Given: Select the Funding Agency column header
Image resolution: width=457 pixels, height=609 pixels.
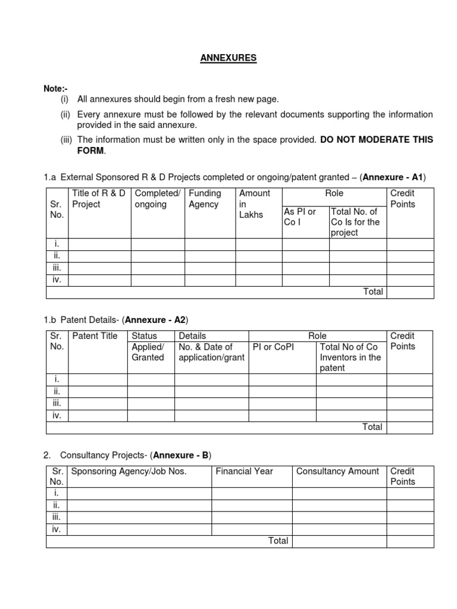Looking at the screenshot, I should click(205, 199).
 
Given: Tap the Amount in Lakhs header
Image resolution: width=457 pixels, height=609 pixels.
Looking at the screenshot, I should click(254, 203).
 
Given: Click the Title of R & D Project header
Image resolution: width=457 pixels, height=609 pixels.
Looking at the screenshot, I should click(98, 199).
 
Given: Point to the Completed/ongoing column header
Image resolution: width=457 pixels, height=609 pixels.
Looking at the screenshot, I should click(157, 199).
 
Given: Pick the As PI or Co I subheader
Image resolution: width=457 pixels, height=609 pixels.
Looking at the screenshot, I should click(300, 216).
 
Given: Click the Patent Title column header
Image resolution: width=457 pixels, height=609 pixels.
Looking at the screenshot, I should click(95, 336).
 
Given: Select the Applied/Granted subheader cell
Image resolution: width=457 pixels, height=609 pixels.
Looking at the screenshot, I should click(148, 352).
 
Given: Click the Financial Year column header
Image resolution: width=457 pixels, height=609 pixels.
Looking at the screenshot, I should click(244, 471).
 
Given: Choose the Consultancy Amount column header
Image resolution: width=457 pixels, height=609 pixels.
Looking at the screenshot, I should click(337, 471).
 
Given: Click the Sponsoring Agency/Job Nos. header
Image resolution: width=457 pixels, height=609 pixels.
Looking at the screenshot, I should click(129, 471).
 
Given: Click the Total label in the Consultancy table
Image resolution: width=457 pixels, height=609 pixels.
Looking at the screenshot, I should click(278, 541).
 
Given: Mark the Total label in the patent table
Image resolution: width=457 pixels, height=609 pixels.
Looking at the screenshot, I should click(373, 427).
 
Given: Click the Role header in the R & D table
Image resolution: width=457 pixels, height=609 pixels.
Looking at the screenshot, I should click(334, 193).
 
